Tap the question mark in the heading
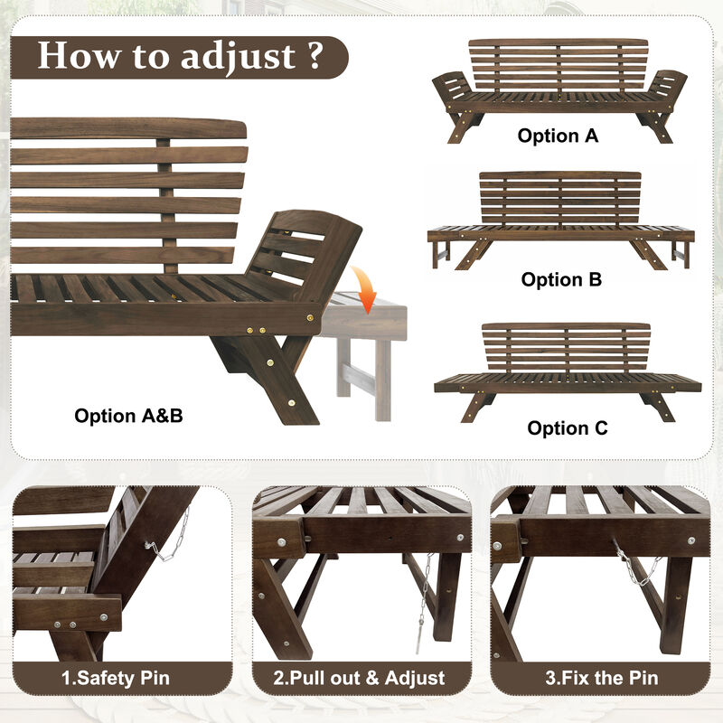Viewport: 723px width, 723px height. [x=313, y=56]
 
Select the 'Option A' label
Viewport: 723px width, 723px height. [x=558, y=136]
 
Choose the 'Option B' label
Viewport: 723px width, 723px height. [x=561, y=280]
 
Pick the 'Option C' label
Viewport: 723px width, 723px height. [x=568, y=428]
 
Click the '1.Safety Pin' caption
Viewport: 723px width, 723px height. [x=116, y=677]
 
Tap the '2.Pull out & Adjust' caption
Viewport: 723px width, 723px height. [x=360, y=677]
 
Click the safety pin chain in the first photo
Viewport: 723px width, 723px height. [x=173, y=538]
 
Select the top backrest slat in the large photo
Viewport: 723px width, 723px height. [x=127, y=128]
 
